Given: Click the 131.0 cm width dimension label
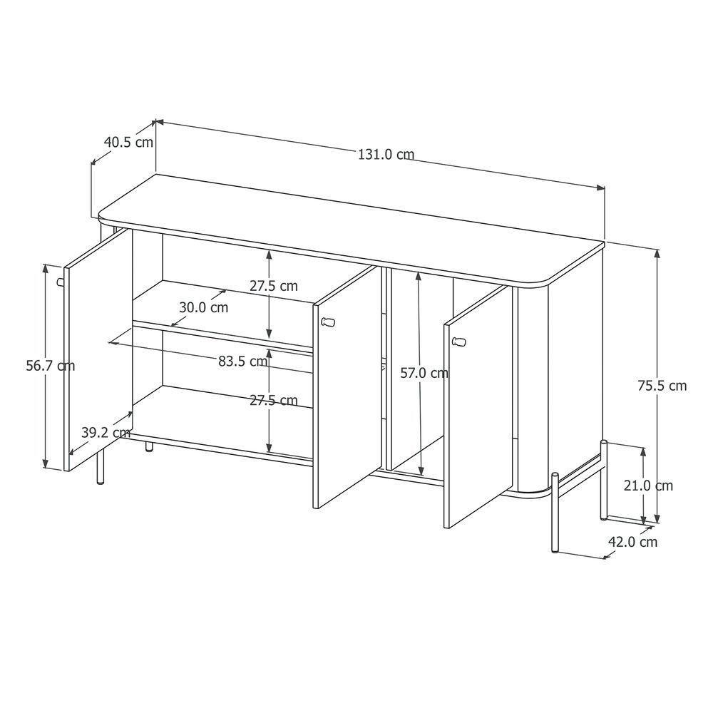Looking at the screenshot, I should pyautogui.click(x=385, y=154).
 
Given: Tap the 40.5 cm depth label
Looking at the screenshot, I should pyautogui.click(x=128, y=142).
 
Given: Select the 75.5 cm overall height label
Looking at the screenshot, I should pyautogui.click(x=662, y=386).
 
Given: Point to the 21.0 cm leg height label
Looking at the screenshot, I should pyautogui.click(x=647, y=486).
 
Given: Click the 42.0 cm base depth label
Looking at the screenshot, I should pyautogui.click(x=632, y=542).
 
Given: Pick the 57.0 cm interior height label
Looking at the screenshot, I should pyautogui.click(x=424, y=372).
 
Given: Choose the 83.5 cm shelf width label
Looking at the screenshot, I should pyautogui.click(x=242, y=361).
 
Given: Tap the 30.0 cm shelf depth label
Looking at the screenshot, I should pyautogui.click(x=203, y=307).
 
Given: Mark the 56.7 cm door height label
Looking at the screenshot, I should pyautogui.click(x=50, y=366).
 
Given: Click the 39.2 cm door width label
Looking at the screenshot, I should pyautogui.click(x=106, y=432).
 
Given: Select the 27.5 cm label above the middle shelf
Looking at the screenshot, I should pyautogui.click(x=273, y=286).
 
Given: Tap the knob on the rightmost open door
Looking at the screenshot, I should pyautogui.click(x=458, y=342).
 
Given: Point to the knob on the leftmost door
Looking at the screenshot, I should pyautogui.click(x=61, y=282).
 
